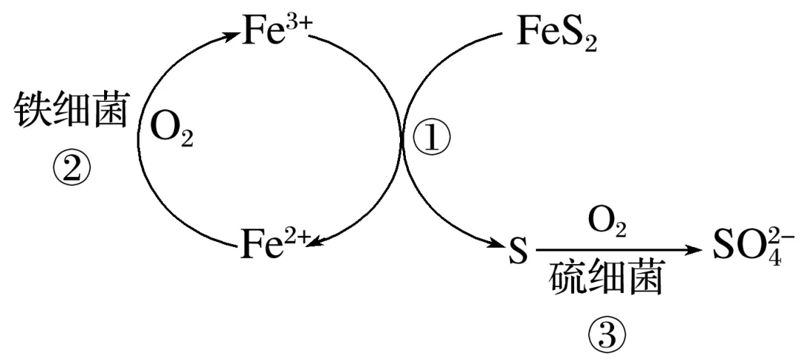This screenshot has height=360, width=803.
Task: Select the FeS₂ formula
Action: (556, 33)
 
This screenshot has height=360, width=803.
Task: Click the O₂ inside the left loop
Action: (171, 130)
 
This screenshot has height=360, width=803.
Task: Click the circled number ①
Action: (431, 138)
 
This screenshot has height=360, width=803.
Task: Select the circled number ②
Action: (71, 169)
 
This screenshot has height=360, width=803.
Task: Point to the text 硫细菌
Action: (607, 281)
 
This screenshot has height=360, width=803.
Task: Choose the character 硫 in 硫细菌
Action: (570, 281)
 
